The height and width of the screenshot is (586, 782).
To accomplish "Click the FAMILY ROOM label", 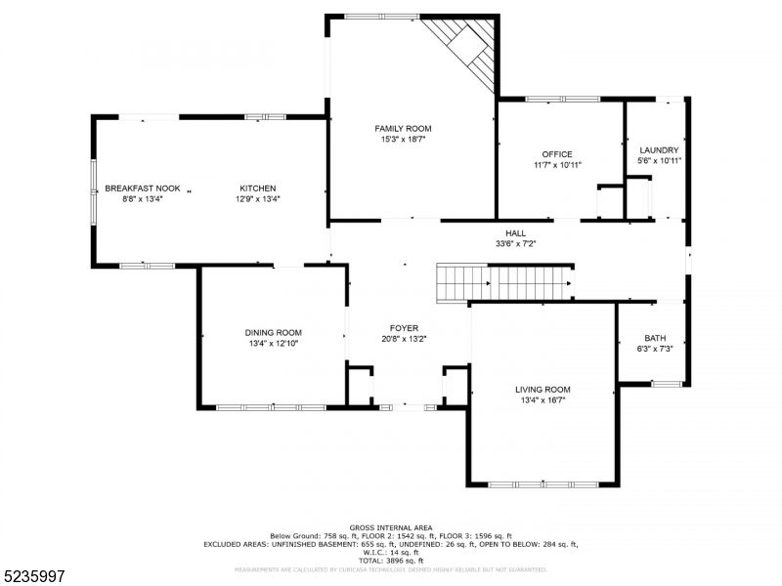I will pos(403,129).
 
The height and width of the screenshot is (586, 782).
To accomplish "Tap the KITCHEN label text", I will pos(258,188).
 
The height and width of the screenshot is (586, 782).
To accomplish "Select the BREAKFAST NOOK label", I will pos(143,188).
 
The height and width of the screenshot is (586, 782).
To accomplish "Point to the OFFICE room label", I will pos(557,154).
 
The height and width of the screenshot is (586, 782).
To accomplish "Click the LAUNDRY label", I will pos(658,150).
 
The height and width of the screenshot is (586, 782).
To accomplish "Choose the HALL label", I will pos(515,232).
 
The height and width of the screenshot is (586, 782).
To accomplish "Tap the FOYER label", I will pos(404,328).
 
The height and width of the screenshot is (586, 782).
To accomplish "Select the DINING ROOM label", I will pos(273,333).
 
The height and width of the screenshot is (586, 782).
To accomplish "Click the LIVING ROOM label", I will pos(543,390).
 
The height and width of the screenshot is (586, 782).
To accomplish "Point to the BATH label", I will pos(654,338).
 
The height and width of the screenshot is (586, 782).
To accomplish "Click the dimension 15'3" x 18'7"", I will pos(403,140).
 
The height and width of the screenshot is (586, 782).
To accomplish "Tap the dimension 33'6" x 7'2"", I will pos(515,243).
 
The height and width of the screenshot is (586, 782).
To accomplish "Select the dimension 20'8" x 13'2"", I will pos(404,339).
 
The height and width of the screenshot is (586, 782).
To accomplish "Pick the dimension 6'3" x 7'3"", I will pos(654,348).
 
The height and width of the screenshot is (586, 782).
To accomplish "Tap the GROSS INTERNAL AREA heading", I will pos(390,527).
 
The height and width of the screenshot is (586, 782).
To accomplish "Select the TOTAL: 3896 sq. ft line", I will pos(390,561).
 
